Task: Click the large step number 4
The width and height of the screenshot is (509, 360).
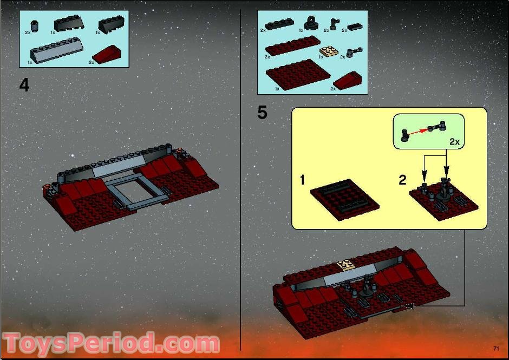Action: point(24,86)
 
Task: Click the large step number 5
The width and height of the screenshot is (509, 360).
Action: point(263,113)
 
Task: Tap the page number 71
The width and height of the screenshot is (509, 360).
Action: point(496,348)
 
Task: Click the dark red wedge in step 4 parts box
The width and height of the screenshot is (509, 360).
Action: point(108,54)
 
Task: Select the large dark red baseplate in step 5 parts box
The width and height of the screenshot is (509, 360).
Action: point(298,74)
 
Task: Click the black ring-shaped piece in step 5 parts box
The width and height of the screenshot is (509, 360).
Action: point(312,23)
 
